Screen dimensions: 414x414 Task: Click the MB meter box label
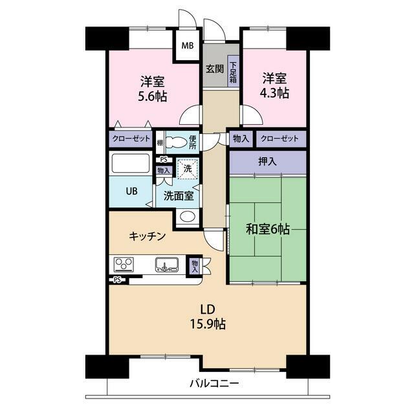tap(188, 46)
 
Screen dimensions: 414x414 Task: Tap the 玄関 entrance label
tap(215, 69)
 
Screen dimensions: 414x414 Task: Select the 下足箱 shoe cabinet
tap(233, 71)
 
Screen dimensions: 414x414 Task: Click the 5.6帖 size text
tap(153, 96)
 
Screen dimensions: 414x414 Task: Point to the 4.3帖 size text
tap(274, 93)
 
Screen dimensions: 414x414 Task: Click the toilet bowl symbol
tap(177, 142)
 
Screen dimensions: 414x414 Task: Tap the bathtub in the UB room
tap(131, 164)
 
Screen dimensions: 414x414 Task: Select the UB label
tap(131, 191)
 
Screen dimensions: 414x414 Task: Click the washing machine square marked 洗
tap(188, 169)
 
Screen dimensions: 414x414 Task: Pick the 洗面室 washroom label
tap(179, 196)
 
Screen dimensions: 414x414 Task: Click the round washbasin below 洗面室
tap(188, 216)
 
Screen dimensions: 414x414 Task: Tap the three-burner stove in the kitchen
tap(124, 265)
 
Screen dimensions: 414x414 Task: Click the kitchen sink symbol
tap(167, 265)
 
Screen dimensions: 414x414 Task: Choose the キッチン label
tap(147, 236)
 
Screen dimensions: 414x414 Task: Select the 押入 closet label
tap(267, 162)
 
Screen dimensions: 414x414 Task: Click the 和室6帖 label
tap(268, 229)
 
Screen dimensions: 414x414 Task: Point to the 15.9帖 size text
tap(208, 323)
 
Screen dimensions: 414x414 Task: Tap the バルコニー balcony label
tap(214, 383)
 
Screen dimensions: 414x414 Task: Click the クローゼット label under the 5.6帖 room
tap(131, 138)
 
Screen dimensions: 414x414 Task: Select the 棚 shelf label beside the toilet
tap(160, 143)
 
